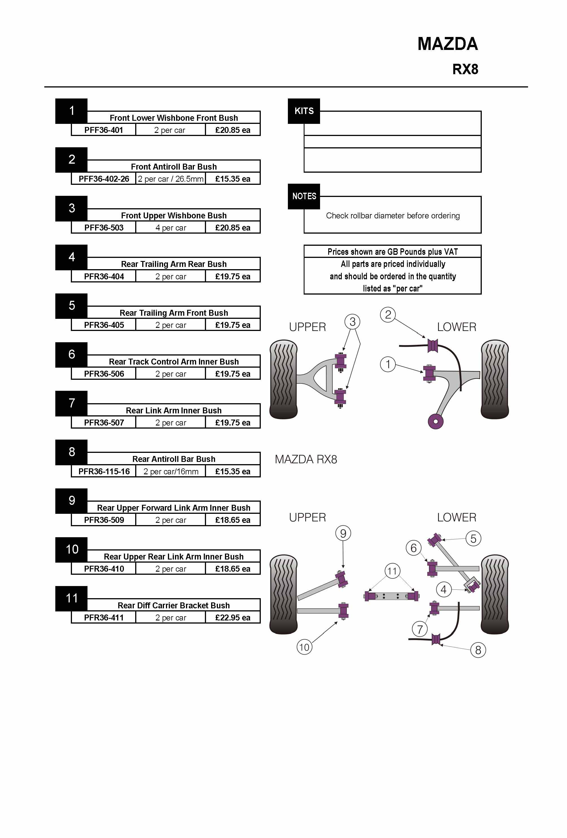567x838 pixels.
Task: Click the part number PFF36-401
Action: (x=104, y=130)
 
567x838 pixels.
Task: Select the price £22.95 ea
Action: (x=233, y=618)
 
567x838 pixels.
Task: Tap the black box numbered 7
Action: (x=71, y=403)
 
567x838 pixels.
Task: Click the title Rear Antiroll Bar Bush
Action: (x=174, y=459)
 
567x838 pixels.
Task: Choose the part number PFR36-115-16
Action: (x=104, y=471)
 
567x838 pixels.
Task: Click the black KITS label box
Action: (x=304, y=111)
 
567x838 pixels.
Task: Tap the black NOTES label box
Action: (x=304, y=196)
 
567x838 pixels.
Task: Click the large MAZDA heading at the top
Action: (x=447, y=44)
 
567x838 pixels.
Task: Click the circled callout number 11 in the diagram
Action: (x=392, y=571)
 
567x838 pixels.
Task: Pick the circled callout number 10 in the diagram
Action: (x=304, y=647)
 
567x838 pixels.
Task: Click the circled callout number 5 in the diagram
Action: (x=473, y=539)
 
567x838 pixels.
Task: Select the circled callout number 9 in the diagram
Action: (x=343, y=533)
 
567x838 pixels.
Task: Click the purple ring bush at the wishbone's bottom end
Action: (x=435, y=421)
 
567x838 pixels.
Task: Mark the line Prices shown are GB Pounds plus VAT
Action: (x=392, y=252)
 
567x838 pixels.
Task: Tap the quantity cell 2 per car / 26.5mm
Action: (x=170, y=179)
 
